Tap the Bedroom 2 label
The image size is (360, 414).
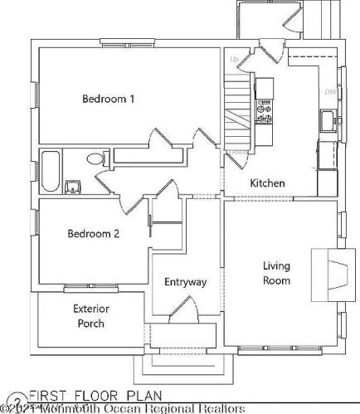pos(93,234)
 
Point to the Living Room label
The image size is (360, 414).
pos(277,273)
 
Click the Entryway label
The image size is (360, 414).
pos(185,282)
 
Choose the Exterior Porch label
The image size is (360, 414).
pos(91,315)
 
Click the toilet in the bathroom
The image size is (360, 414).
pos(95,159)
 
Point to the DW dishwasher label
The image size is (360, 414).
pos(329,91)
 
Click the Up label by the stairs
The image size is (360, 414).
pos(234,60)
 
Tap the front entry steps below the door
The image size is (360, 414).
pos(180,365)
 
